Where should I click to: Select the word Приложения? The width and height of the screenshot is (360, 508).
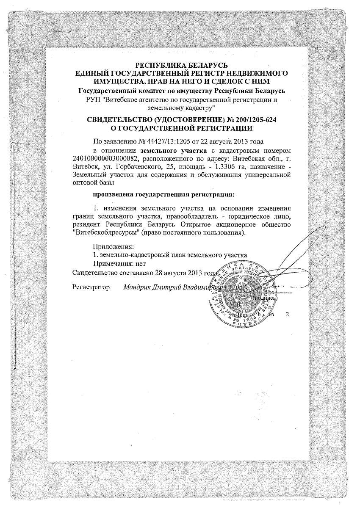(113, 246)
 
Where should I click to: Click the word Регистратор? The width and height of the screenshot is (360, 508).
(91, 287)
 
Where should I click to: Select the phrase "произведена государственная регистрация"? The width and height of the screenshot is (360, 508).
(163, 195)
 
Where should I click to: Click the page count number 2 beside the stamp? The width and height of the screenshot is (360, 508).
(288, 315)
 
